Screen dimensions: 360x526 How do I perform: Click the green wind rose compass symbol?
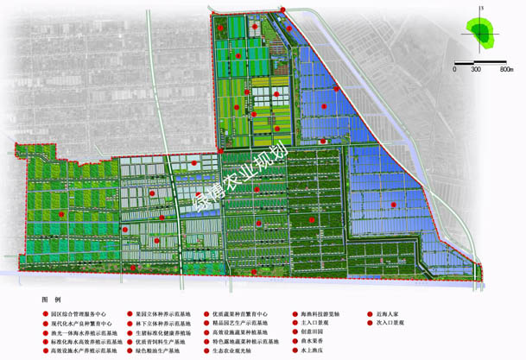478,33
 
